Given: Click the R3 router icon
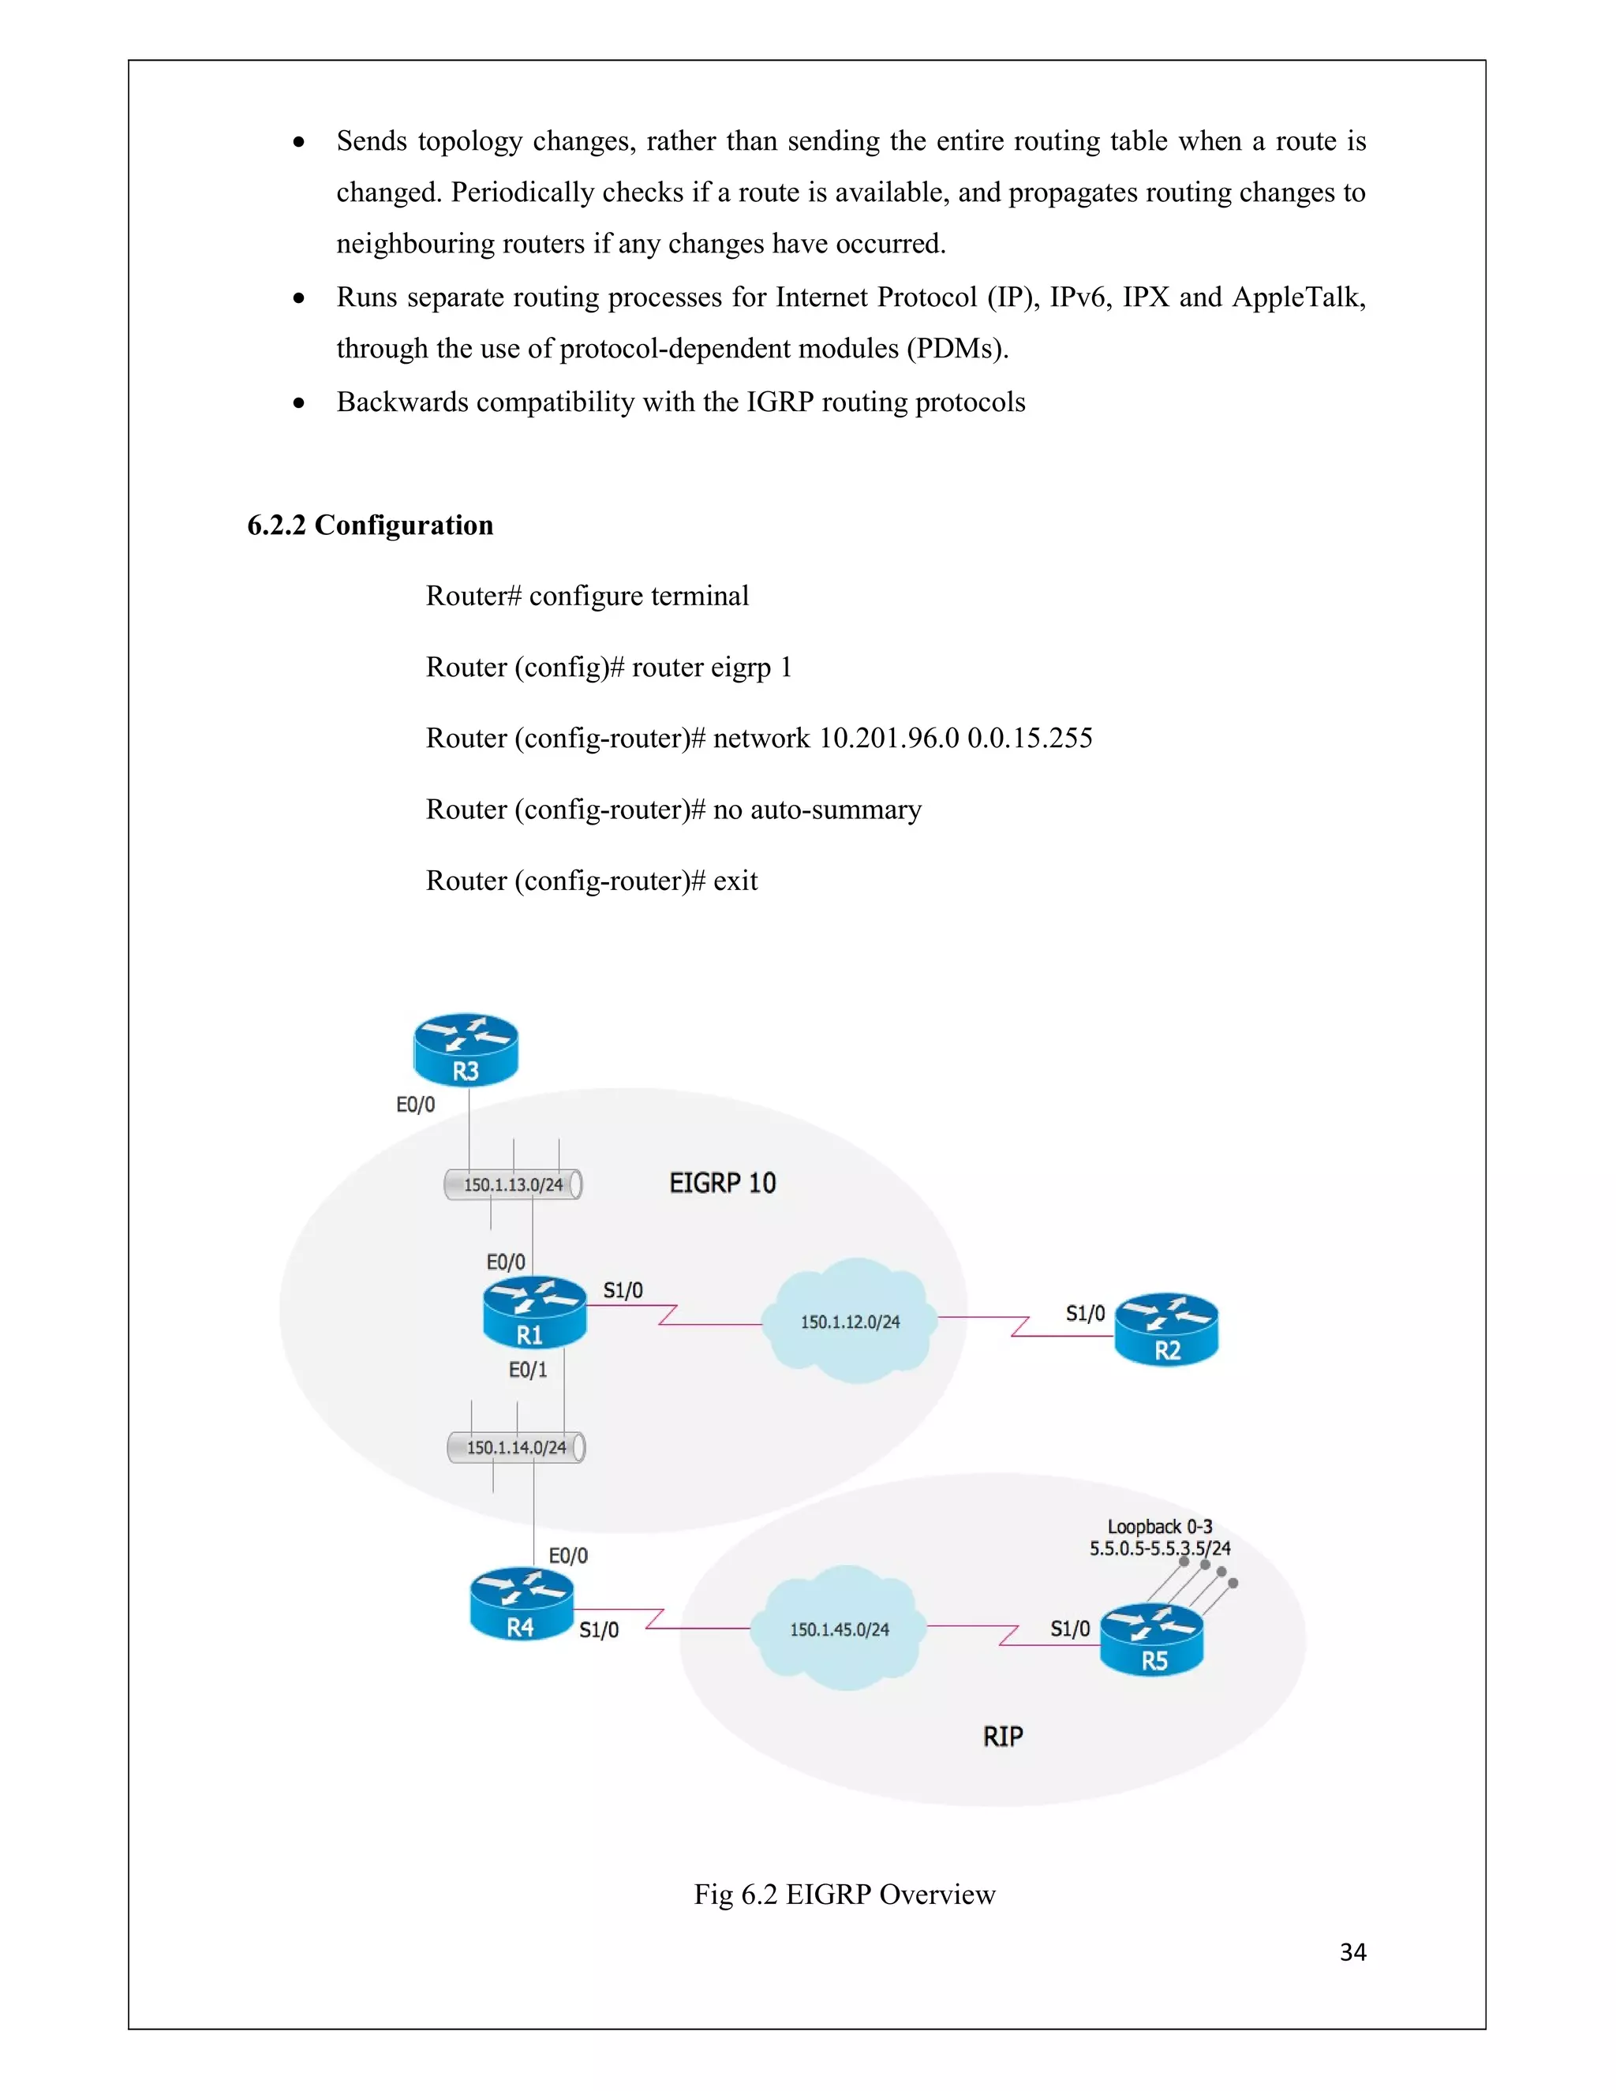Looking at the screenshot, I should pos(466,1049).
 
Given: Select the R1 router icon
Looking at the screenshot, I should pos(534,1311).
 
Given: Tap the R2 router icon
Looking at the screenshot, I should pos(1166,1329).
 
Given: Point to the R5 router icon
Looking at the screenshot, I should pos(1152,1638).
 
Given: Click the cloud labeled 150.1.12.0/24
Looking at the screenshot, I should pos(849,1321).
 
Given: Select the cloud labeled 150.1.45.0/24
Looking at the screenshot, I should pos(839,1629).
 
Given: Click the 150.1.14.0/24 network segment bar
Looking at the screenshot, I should pos(516,1446).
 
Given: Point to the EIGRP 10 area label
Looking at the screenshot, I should pos(722,1184).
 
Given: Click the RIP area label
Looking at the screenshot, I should pos(1002,1736).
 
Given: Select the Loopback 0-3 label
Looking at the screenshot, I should pos(1159,1526).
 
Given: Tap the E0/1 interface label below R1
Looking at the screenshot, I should pos(528,1370).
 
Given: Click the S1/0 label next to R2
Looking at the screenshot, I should pos(1085,1313).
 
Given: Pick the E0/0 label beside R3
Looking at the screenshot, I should pos(416,1105).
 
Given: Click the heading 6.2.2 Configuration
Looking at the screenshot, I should pos(371,525).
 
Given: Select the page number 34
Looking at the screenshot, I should pos(1352,1951).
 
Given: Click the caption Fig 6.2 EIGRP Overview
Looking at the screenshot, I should pos(844,1894).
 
